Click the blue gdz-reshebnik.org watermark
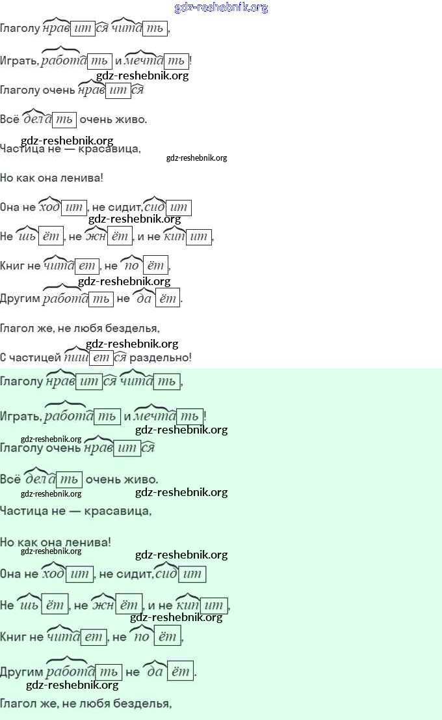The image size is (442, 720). pos(221,8)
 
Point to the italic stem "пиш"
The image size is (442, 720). pos(77,357)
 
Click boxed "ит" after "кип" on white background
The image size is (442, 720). pos(199,237)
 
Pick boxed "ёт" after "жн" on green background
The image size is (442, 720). pos(129,605)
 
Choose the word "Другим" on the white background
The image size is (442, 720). pos(20,299)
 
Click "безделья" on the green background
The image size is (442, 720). pos(146,703)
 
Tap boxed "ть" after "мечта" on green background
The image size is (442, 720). pos(189,416)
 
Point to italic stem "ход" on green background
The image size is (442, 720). pos(53,574)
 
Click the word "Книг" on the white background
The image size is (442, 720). pos(14,266)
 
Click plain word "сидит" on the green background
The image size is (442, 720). pos(133,574)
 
